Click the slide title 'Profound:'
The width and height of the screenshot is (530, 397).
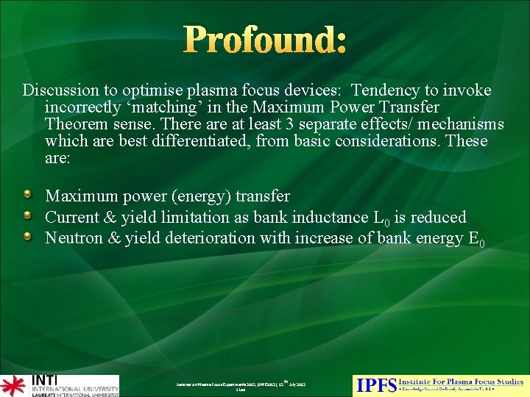click(264, 40)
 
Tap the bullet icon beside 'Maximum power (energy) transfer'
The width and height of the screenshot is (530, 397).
click(27, 196)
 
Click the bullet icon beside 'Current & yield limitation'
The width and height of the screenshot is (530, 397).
click(27, 216)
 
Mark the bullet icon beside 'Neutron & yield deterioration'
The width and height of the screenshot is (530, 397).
click(27, 237)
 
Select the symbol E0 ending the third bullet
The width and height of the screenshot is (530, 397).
click(476, 239)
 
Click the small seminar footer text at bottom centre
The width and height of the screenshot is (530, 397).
click(241, 385)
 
